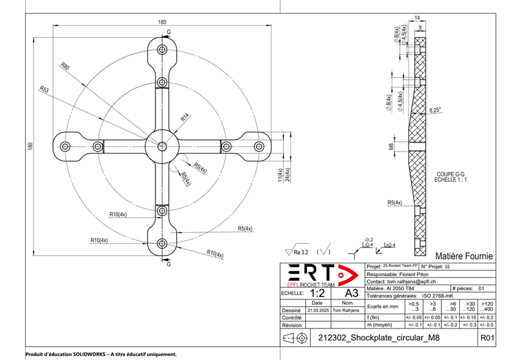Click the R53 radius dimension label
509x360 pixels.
pyautogui.click(x=44, y=89)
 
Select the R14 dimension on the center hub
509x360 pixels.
pyautogui.click(x=185, y=118)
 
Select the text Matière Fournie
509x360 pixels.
pyautogui.click(x=464, y=256)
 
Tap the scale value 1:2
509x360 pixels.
pyautogui.click(x=318, y=293)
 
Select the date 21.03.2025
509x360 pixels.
pyautogui.click(x=317, y=310)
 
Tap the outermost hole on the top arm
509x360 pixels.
pyautogui.click(x=161, y=49)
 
